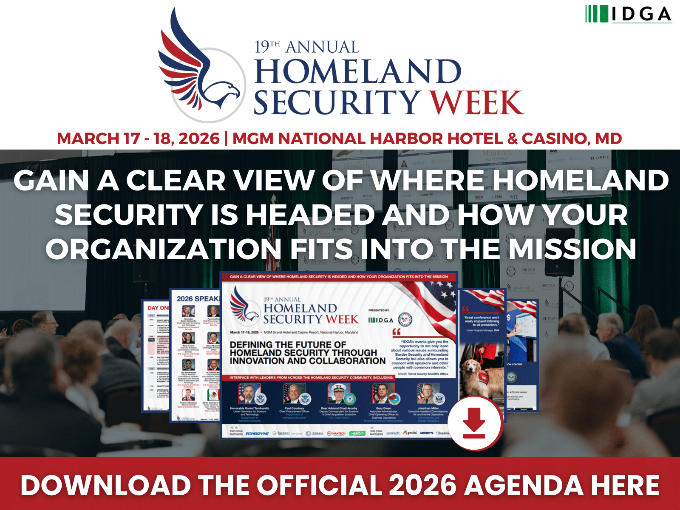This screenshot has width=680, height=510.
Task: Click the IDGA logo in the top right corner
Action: click(628, 14)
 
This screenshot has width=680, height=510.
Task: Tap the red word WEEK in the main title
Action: click(477, 103)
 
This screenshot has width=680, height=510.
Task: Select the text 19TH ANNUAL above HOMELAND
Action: click(306, 47)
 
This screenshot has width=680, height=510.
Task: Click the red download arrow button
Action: click(474, 423)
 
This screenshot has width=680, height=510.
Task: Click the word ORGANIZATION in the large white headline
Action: click(164, 249)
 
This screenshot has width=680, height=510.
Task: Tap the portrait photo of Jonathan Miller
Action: click(428, 394)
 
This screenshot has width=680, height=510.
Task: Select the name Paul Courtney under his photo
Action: click(294, 408)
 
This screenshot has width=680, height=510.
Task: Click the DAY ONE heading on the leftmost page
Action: click(158, 308)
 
